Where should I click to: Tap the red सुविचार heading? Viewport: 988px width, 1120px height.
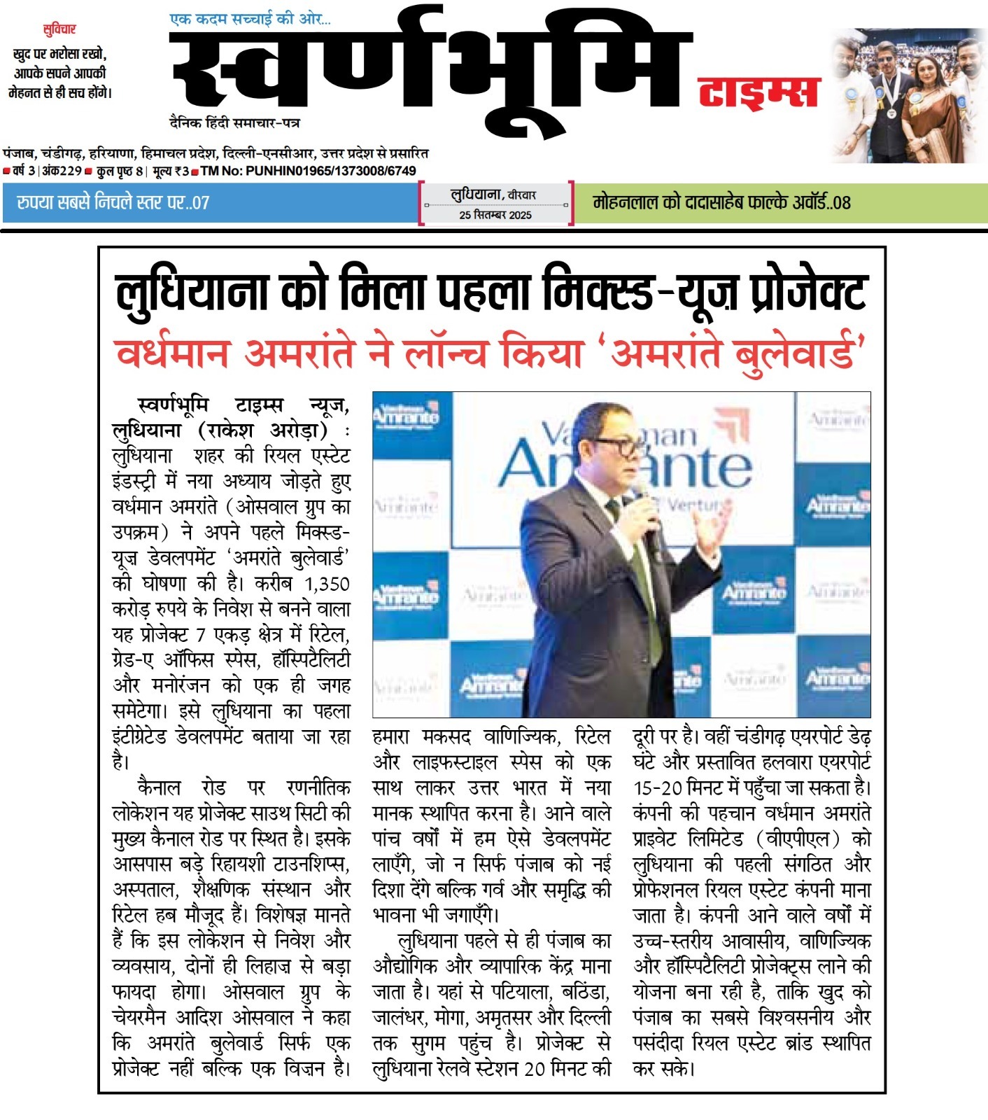point(59,29)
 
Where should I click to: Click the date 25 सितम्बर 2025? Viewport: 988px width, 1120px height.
point(495,215)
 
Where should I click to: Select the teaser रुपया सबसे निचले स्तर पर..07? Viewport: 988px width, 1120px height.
point(113,203)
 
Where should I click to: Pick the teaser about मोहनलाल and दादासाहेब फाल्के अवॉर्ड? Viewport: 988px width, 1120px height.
point(721,203)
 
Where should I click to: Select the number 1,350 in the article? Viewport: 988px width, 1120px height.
point(327,584)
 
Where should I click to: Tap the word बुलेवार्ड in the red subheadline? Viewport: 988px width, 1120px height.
point(798,351)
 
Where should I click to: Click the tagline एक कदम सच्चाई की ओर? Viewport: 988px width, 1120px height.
point(250,19)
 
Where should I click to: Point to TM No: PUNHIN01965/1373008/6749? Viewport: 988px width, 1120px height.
point(308,171)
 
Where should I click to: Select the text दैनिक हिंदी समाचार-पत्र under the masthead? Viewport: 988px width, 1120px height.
point(235,122)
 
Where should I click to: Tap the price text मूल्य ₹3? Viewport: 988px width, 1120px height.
point(171,171)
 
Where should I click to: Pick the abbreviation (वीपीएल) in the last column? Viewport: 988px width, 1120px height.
point(793,839)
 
